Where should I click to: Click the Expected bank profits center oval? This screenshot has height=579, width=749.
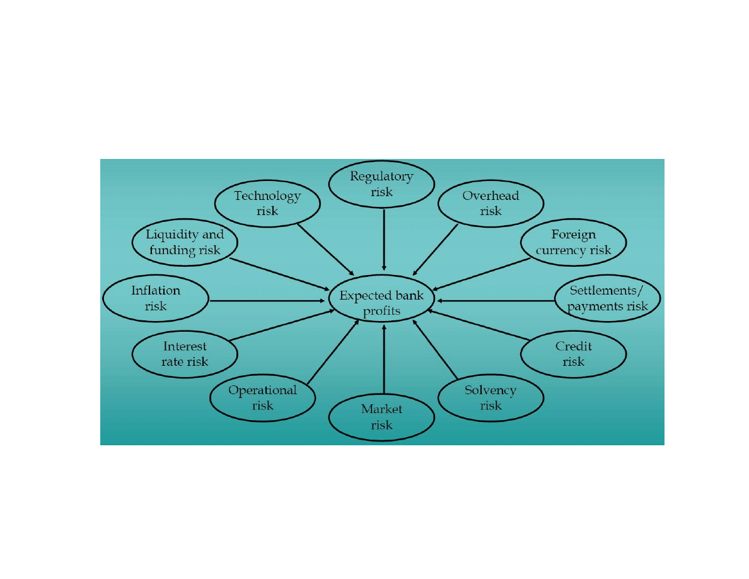pos(381,302)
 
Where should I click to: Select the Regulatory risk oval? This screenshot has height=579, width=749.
pos(381,184)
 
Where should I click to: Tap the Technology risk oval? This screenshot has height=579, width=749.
pos(267,203)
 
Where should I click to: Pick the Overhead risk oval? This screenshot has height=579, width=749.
pos(491,203)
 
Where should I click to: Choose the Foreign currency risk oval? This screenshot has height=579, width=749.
pos(573,242)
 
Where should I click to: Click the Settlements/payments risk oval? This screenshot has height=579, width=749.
pos(608,298)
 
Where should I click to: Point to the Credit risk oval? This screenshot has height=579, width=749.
pos(573,354)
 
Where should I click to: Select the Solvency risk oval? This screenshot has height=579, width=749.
pos(491,397)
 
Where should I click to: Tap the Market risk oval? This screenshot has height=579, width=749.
pos(381,417)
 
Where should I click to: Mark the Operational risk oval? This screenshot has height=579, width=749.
pos(262,397)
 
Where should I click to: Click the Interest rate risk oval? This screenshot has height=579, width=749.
pos(185,354)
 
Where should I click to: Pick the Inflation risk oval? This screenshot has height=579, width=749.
pos(155,298)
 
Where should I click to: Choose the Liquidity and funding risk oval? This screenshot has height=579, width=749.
pos(185,242)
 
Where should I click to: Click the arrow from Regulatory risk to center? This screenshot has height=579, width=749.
pos(383,240)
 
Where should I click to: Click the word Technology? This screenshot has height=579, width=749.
pos(267,196)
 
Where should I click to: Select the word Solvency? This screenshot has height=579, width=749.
pos(491,390)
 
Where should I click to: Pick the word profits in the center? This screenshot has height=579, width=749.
pos(381,310)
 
